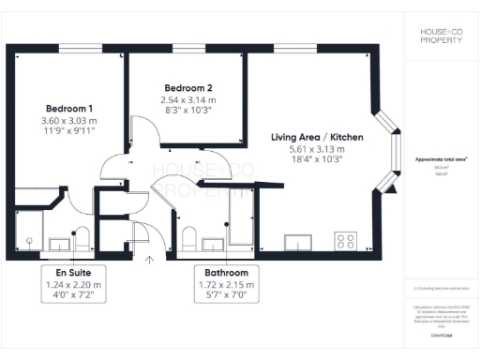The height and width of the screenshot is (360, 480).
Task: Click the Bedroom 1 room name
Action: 68,107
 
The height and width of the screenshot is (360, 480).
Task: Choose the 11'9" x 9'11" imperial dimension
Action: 68,132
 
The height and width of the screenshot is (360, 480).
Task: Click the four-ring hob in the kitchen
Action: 345,240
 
